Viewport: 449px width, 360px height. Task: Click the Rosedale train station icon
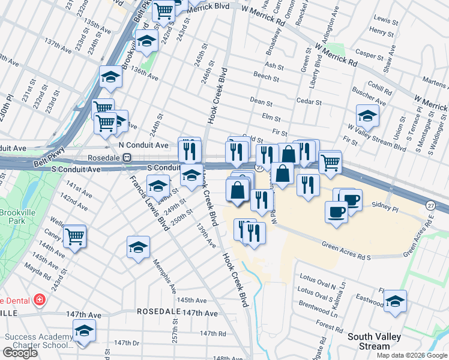click(x=127, y=158)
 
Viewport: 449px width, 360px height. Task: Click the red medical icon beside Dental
click(x=40, y=299)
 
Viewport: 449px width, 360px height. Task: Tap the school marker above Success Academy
click(x=84, y=331)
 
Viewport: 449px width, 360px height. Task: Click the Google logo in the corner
click(x=20, y=353)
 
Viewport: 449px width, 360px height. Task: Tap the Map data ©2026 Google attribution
click(x=412, y=355)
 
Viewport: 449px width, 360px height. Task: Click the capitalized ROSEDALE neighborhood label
click(x=158, y=312)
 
